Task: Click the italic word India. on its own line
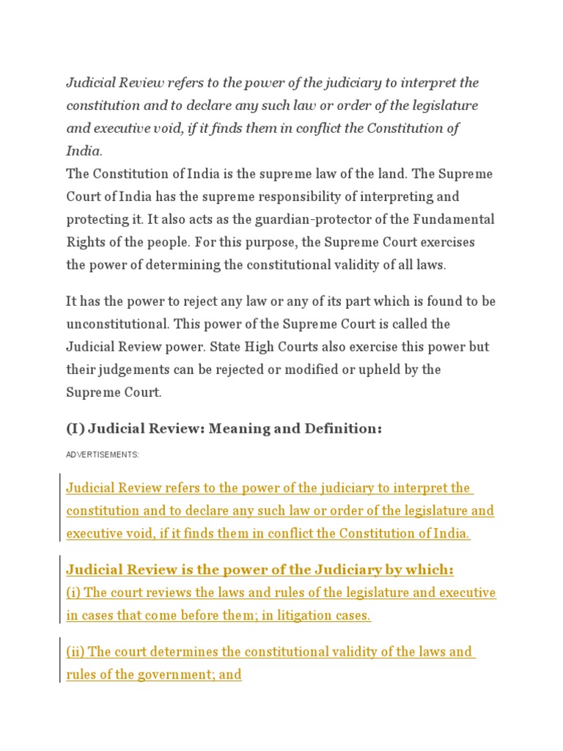[x=84, y=151]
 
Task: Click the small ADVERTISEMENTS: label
[x=103, y=455]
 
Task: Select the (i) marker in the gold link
[x=74, y=593]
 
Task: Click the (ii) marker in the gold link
[x=76, y=651]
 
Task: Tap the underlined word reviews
[x=169, y=593]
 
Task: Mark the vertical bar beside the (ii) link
[x=59, y=662]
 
